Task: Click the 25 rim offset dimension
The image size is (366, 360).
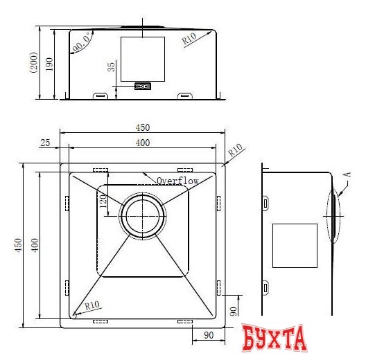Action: pyautogui.click(x=46, y=143)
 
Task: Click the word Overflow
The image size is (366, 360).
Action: pyautogui.click(x=177, y=181)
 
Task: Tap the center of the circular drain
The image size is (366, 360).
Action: pyautogui.click(x=143, y=216)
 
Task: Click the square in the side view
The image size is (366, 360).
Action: pyautogui.click(x=294, y=245)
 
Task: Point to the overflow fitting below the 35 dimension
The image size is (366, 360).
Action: pyautogui.click(x=143, y=87)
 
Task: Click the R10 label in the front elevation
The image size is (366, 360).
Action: pyautogui.click(x=189, y=39)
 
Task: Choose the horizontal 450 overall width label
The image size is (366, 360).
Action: pyautogui.click(x=142, y=127)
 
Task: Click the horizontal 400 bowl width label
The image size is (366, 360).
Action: pyautogui.click(x=142, y=143)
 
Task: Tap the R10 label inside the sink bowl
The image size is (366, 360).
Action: pyautogui.click(x=92, y=305)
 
